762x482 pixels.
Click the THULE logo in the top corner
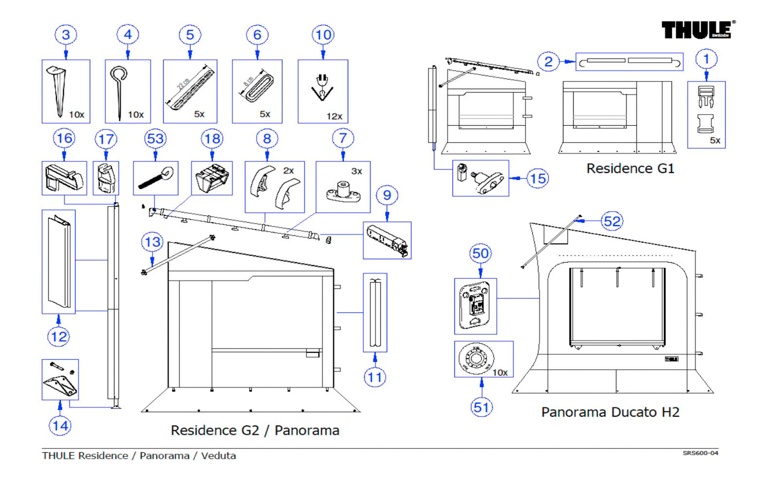697,30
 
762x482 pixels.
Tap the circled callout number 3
66,35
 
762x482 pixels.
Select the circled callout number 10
323,35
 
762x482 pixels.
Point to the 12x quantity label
334,116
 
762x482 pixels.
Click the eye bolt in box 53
155,178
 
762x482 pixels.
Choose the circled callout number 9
387,195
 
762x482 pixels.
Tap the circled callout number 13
152,242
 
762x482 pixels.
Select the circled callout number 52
612,221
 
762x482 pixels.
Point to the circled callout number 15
538,178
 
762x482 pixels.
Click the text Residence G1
630,169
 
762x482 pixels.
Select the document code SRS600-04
700,453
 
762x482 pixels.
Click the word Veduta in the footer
219,456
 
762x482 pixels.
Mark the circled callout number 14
60,425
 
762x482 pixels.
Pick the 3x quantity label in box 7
356,171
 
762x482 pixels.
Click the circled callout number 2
548,61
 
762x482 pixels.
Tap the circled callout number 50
481,253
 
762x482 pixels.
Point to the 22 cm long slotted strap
190,88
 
